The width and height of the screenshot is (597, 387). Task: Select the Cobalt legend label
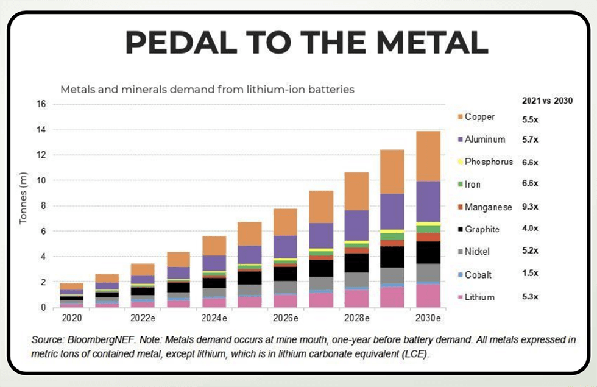479,275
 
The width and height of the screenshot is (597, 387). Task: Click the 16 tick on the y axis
41,104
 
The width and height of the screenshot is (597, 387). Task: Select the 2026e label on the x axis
286,318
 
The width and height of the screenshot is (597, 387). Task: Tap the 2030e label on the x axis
429,318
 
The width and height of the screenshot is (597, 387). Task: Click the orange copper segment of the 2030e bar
429,156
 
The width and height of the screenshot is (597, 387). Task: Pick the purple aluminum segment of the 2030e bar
429,201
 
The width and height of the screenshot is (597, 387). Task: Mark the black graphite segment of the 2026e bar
286,273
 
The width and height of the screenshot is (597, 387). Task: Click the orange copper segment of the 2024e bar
214,246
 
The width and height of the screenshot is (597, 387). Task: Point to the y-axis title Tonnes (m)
23,201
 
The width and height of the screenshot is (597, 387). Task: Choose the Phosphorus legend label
489,162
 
